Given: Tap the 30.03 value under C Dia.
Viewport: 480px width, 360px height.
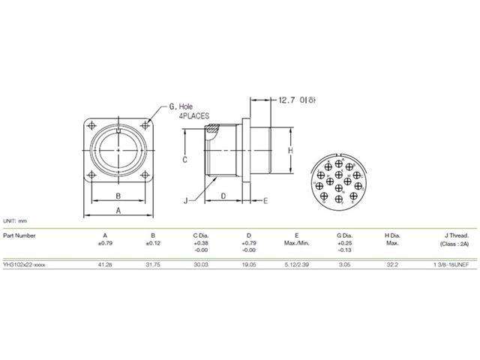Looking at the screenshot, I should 200,265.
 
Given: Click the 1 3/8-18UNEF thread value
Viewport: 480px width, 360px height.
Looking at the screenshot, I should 449,265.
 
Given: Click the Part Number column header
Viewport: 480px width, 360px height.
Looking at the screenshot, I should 19,235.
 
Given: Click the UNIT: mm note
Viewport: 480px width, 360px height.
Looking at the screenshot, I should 15,222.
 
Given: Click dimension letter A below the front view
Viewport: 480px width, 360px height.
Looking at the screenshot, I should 118,211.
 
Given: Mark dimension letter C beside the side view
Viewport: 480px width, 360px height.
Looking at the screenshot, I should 184,160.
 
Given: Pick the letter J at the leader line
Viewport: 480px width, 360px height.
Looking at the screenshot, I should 184,200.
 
